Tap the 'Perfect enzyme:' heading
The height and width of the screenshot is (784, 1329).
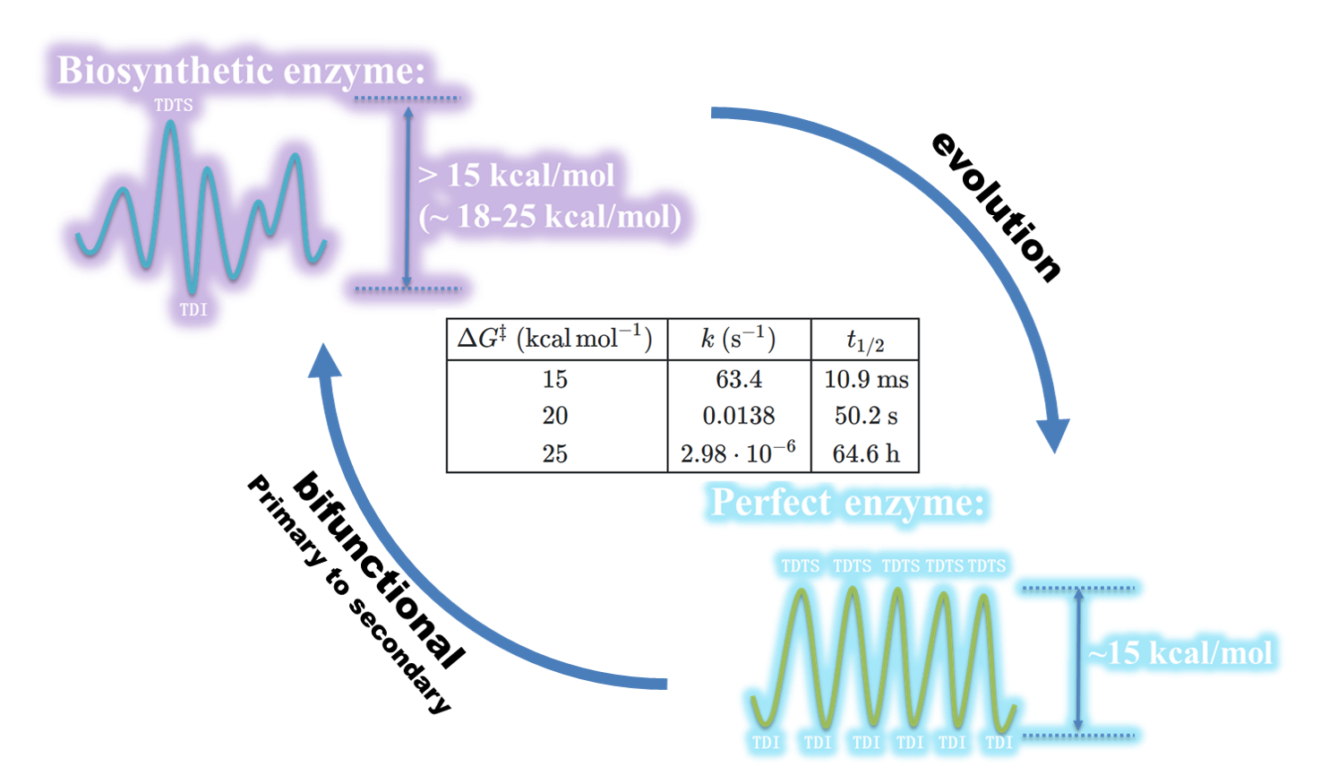pyautogui.click(x=846, y=503)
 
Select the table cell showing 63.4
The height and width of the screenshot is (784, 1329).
pyautogui.click(x=739, y=379)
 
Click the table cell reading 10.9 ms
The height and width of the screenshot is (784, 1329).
pyautogui.click(x=866, y=379)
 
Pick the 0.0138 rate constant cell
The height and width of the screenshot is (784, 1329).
pyautogui.click(x=739, y=416)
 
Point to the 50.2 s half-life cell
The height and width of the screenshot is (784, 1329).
pyautogui.click(x=866, y=416)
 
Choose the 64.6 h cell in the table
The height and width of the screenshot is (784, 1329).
pyautogui.click(x=866, y=453)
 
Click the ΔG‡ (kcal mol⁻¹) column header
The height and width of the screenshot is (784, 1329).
pyautogui.click(x=555, y=339)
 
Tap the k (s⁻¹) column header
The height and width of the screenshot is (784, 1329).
pyautogui.click(x=739, y=339)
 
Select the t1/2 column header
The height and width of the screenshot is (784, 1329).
pyautogui.click(x=865, y=340)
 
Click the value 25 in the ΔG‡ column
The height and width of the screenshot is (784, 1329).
pyautogui.click(x=555, y=453)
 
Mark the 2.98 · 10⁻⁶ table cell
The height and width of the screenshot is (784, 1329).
pyautogui.click(x=738, y=452)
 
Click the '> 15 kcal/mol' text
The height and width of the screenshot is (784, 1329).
pyautogui.click(x=517, y=175)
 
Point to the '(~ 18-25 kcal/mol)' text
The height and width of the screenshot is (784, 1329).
pyautogui.click(x=550, y=216)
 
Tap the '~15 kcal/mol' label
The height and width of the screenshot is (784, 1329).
pyautogui.click(x=1180, y=652)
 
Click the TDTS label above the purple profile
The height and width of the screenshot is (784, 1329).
pyautogui.click(x=173, y=105)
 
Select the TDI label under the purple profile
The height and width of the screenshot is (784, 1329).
pyautogui.click(x=193, y=309)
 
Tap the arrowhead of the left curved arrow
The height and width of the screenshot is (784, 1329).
pyautogui.click(x=325, y=360)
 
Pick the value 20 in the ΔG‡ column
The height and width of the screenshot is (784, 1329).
pyautogui.click(x=555, y=416)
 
